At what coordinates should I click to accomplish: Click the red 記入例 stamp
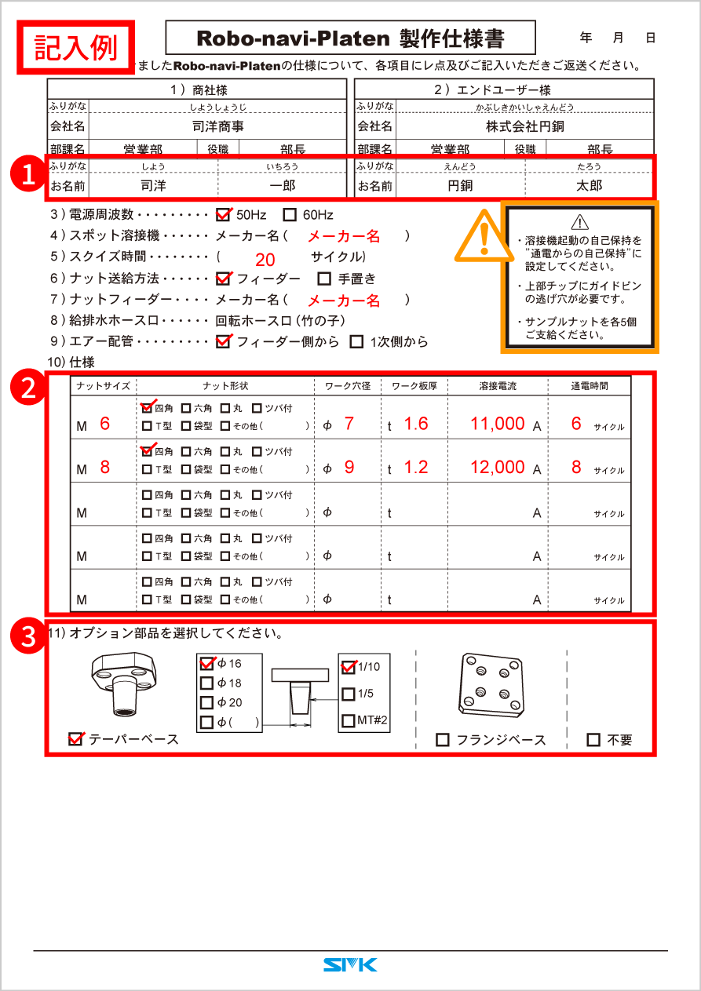pos(76,47)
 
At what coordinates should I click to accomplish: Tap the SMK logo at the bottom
pos(350,964)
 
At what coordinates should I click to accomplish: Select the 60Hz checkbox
pos(290,214)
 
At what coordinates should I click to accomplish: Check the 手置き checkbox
pos(324,278)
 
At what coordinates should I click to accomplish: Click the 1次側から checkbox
pos(356,341)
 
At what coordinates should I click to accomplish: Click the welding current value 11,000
pos(498,424)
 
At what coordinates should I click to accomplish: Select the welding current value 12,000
pos(498,467)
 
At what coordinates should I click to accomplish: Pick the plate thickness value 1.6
pos(416,424)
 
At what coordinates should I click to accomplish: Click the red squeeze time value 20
pos(265,261)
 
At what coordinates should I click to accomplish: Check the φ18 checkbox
pos(207,683)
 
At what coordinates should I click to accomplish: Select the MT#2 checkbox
pos(349,720)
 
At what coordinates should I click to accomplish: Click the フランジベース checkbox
pos(443,739)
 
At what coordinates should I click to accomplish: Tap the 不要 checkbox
pos(593,739)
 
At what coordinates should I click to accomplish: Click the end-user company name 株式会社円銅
pos(524,126)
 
